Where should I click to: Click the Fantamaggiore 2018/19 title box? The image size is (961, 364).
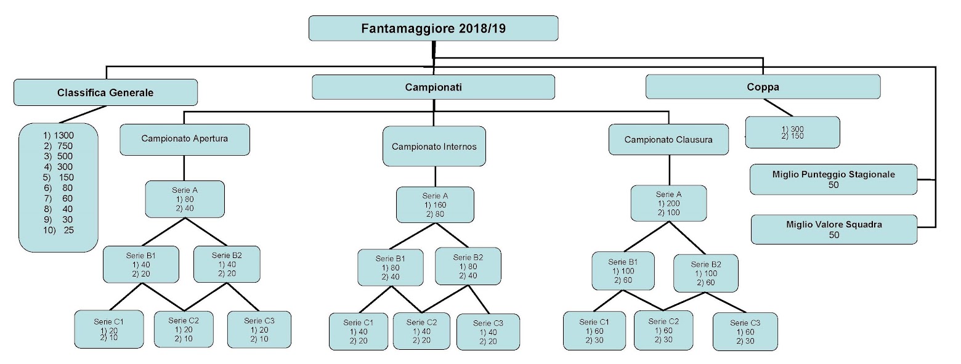[x=433, y=28]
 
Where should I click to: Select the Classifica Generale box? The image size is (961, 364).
[x=105, y=92]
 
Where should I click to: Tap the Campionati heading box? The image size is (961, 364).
[x=433, y=87]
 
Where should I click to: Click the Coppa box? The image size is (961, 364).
[x=763, y=87]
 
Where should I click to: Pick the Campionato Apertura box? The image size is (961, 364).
[x=185, y=139]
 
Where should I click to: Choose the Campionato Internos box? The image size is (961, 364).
[x=434, y=147]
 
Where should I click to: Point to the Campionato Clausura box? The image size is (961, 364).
[x=668, y=139]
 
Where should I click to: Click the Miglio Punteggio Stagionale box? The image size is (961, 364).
[x=833, y=179]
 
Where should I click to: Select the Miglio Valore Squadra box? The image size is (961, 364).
[x=833, y=229]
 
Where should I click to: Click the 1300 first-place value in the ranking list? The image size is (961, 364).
[x=63, y=135]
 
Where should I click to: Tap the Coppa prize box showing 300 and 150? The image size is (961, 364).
[x=792, y=132]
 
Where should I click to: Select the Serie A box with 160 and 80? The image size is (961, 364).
[x=435, y=204]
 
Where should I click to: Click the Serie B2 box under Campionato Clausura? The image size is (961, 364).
[x=705, y=273]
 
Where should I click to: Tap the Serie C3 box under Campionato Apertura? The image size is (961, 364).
[x=259, y=330]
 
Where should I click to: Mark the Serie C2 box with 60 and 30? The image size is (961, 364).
[x=663, y=330]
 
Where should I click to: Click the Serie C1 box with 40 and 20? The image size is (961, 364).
[x=358, y=331]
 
